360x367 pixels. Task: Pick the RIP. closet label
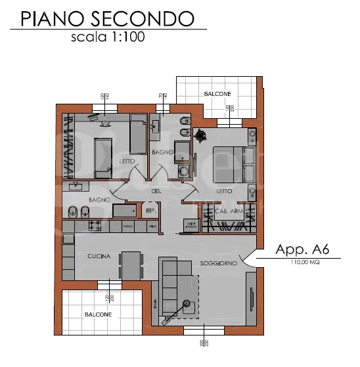[150, 211]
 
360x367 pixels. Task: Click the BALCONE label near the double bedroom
[217, 95]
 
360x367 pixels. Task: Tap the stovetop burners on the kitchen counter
[94, 226]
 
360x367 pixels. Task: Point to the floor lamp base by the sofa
[188, 304]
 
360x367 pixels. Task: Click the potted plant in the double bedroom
[200, 135]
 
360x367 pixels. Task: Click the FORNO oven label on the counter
[128, 227]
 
